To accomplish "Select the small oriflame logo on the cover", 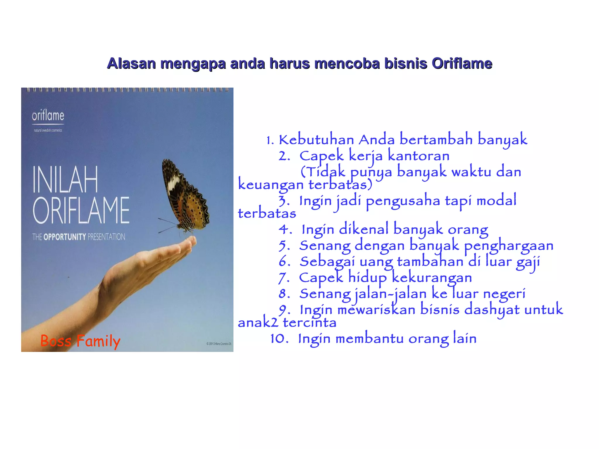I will tap(48, 116).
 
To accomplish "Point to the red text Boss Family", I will tap(80, 341).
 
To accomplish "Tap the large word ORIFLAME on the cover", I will tap(81, 210).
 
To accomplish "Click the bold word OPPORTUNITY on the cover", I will tap(65, 237).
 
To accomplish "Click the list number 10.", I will tap(279, 339).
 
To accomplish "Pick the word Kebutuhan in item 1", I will tap(316, 140).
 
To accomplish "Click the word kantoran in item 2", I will tap(419, 156).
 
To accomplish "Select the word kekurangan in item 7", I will tap(432, 278).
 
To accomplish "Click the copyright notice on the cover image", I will tap(219, 344).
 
